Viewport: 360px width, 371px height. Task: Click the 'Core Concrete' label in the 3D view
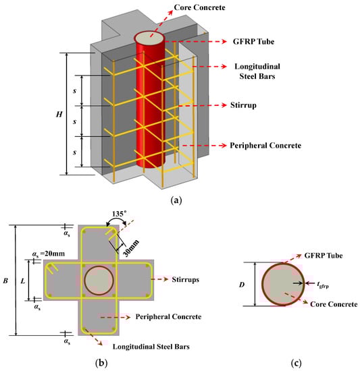tap(199, 7)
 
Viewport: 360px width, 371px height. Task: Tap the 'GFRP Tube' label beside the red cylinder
tap(253, 42)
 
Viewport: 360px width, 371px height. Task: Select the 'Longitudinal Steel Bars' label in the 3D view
tap(257, 72)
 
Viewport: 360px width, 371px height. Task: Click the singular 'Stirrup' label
tap(243, 105)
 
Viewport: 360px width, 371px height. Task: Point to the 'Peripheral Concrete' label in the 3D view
tap(265, 145)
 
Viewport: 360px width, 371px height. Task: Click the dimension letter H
tap(59, 115)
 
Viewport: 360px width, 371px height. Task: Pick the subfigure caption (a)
tap(176, 200)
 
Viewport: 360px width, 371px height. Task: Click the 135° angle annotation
tap(119, 214)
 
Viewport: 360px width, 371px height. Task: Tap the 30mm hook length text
tap(131, 248)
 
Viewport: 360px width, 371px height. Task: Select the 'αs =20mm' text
tap(49, 254)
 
